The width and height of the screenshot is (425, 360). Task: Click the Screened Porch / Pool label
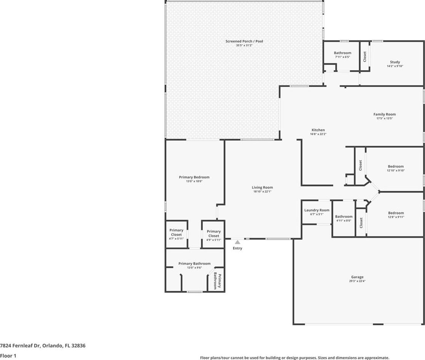(244, 41)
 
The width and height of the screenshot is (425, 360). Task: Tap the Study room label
(395, 62)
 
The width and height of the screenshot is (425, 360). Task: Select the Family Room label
(384, 114)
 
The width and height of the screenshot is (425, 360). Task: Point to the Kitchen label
(318, 130)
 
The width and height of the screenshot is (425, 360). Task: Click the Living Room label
(262, 187)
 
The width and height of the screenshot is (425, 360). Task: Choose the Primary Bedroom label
(194, 177)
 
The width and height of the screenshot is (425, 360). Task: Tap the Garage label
(357, 277)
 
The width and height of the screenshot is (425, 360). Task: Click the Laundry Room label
(317, 210)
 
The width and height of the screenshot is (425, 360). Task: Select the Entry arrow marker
(237, 242)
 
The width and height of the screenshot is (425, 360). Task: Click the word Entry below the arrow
(237, 248)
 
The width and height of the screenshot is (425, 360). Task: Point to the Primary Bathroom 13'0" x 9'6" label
(194, 265)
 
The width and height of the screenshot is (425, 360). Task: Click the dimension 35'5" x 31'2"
(244, 45)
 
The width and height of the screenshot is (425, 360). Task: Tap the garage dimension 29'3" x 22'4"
(357, 281)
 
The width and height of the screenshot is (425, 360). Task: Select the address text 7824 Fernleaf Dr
(20, 346)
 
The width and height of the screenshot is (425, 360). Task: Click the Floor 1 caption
(8, 356)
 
